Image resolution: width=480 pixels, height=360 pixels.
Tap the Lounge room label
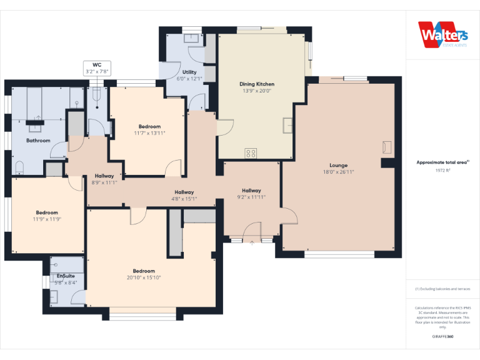(338, 166)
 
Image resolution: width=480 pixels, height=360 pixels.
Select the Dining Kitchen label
(257, 84)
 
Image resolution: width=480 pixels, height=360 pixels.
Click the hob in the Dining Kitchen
(251, 152)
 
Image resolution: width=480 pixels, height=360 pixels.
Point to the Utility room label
(189, 72)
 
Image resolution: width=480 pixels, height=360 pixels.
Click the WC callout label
(97, 64)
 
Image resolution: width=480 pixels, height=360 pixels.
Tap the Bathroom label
(38, 141)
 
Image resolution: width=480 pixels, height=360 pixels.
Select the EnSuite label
(66, 276)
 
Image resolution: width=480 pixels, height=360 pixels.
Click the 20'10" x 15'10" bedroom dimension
(144, 277)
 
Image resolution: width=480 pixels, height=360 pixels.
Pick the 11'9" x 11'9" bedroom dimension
(47, 219)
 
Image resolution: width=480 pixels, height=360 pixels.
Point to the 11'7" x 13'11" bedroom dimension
(149, 133)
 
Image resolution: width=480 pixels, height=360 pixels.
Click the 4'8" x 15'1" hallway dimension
(184, 199)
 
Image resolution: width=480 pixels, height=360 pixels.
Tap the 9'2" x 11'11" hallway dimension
(251, 197)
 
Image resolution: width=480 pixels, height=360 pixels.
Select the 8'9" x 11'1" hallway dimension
(104, 182)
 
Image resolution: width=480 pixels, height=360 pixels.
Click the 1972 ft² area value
(442, 170)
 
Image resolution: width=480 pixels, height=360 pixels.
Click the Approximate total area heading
(442, 162)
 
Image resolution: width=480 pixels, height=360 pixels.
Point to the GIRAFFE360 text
(442, 337)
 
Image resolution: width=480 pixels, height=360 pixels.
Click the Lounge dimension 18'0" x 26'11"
(338, 172)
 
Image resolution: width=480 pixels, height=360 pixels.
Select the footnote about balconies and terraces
(442, 289)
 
